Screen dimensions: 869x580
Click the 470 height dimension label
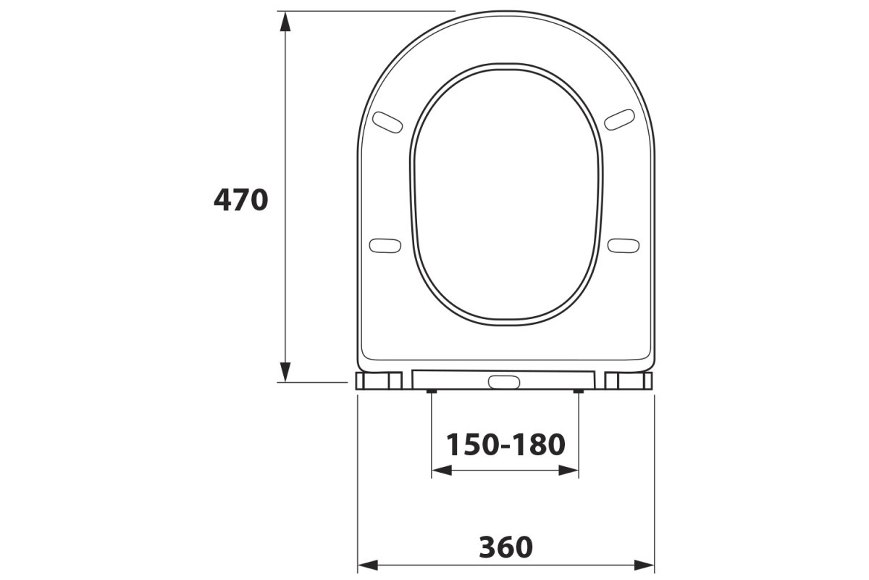click(240, 200)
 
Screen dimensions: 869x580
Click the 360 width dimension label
click(506, 547)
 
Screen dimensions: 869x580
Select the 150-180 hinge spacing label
click(505, 444)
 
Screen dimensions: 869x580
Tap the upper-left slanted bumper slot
click(387, 122)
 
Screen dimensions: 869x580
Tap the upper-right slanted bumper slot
click(619, 120)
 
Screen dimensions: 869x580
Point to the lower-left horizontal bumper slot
click(385, 246)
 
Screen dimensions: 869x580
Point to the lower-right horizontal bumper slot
click(623, 246)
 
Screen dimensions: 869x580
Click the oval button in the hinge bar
click(503, 382)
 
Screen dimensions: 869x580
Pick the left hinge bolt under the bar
click(432, 391)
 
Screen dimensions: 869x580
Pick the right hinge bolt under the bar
click(579, 391)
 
